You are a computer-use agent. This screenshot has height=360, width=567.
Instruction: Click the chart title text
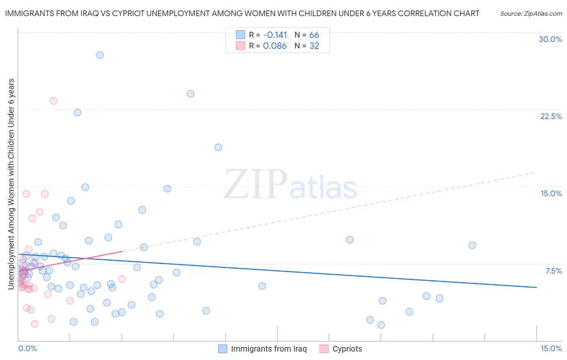point(242,13)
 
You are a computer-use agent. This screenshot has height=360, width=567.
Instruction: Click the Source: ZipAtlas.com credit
point(531,13)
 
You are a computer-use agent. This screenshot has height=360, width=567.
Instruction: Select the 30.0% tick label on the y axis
point(550,39)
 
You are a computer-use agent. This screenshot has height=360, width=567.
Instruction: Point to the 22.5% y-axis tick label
point(551,116)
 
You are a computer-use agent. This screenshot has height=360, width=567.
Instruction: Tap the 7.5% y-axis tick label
point(553,271)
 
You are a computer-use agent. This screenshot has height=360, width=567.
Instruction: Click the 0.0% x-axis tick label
point(27,348)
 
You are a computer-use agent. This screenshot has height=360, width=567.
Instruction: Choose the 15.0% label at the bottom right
point(551,348)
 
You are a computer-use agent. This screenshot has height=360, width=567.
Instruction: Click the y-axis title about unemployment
point(11,184)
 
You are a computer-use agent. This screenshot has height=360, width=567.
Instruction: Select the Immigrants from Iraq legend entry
point(263,349)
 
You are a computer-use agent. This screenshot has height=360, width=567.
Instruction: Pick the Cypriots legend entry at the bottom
point(341,349)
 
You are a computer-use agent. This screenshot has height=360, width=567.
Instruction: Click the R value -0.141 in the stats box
point(275,35)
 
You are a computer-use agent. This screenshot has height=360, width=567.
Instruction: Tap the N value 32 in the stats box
point(314,46)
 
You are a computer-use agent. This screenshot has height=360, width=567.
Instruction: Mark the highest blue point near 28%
point(100,55)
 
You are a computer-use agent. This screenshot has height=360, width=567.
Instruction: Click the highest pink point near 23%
point(53,101)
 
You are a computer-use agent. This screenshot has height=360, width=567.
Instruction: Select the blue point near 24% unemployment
point(190,94)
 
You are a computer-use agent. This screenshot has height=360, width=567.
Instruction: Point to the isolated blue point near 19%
point(218,147)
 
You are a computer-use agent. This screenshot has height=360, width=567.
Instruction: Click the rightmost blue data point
point(472,245)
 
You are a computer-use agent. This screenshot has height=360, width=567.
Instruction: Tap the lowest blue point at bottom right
point(381,325)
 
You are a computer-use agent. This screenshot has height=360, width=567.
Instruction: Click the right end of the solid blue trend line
point(536,287)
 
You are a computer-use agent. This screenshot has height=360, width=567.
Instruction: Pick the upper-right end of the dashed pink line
point(535,173)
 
